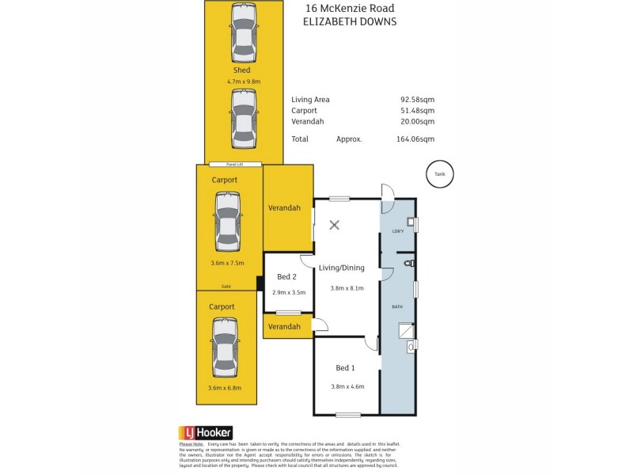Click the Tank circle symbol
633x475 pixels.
click(x=441, y=174)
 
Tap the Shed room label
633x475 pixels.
click(x=241, y=70)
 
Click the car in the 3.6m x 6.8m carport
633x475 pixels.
click(x=224, y=348)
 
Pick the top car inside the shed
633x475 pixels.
click(x=243, y=33)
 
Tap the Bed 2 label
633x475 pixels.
click(x=286, y=277)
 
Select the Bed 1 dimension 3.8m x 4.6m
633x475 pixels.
click(x=347, y=386)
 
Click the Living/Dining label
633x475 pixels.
click(x=342, y=268)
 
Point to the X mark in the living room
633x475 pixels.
click(x=334, y=225)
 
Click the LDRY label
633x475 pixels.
click(x=398, y=231)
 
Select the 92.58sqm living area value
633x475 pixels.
click(x=417, y=100)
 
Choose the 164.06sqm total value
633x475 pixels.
click(x=415, y=139)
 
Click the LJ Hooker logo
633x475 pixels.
click(x=205, y=433)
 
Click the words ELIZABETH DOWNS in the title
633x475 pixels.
click(x=351, y=22)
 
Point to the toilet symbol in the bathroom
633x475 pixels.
click(x=408, y=262)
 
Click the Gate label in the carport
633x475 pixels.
click(x=226, y=286)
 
